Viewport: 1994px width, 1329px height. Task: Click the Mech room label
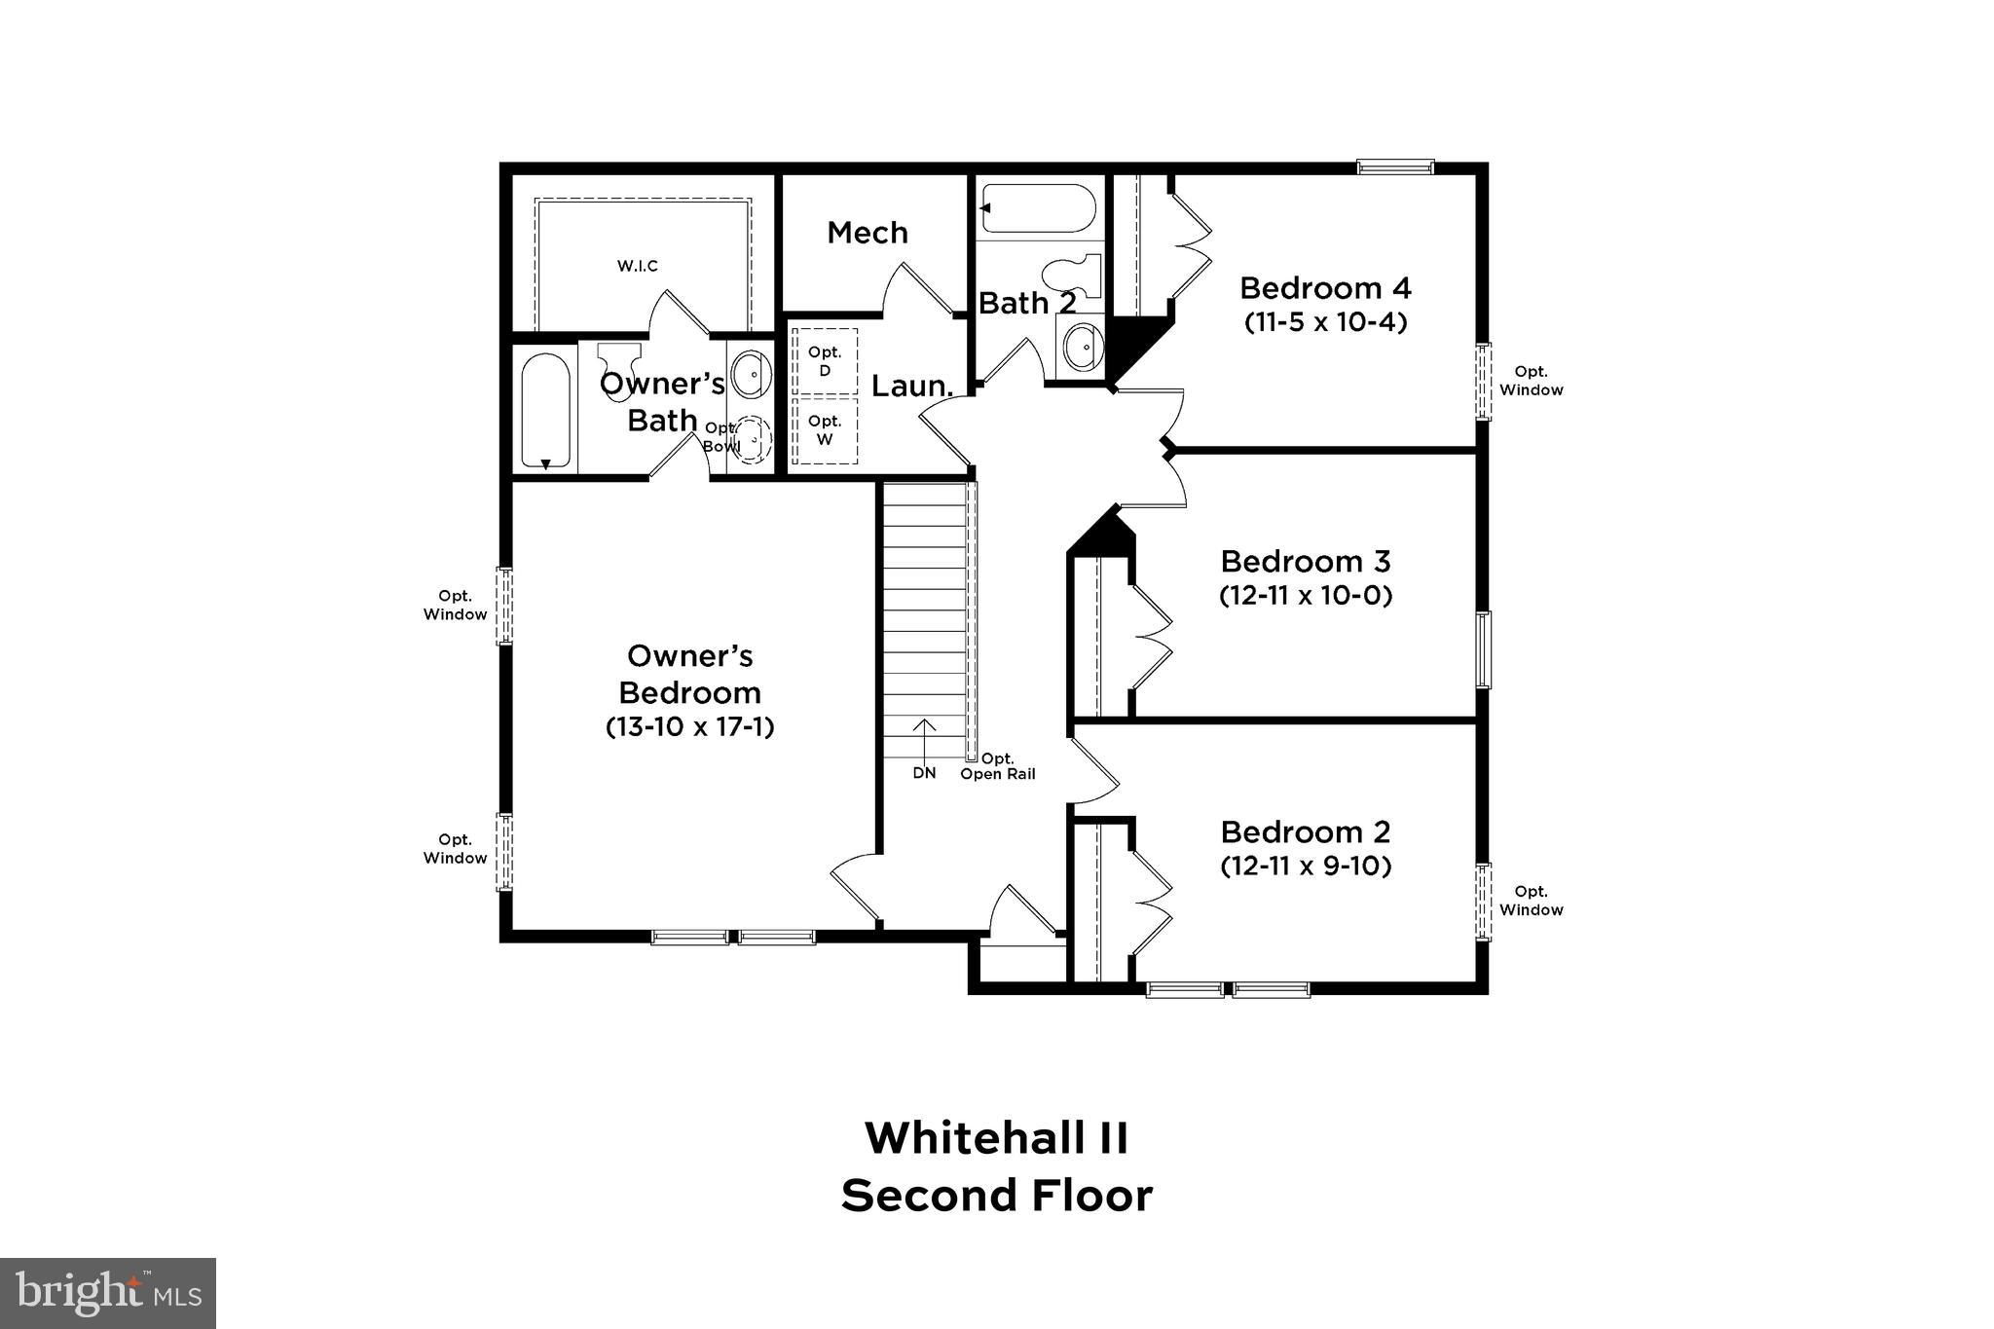(867, 233)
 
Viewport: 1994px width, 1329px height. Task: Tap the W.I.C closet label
(638, 266)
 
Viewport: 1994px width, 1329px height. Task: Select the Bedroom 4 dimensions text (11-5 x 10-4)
(1325, 322)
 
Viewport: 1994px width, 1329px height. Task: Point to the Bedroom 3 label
(1305, 562)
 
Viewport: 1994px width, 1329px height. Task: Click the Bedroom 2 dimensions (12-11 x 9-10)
(1305, 866)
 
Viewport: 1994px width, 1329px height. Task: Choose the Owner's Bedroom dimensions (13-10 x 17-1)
(689, 727)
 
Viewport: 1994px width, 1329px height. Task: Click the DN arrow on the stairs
(924, 740)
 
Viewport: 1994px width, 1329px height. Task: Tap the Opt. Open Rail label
(998, 766)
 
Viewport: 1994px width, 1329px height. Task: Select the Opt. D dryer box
(825, 361)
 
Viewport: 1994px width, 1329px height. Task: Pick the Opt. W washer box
(825, 429)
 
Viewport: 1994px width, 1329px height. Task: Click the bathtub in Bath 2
(1039, 208)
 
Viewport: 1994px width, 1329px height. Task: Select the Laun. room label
(911, 387)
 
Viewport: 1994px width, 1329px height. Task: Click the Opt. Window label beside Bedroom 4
(1531, 381)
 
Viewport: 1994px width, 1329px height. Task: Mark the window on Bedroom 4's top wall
(1395, 167)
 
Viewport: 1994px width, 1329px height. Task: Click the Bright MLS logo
(108, 1293)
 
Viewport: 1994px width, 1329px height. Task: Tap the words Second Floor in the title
(997, 1196)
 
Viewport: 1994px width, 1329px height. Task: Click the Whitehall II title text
(997, 1137)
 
